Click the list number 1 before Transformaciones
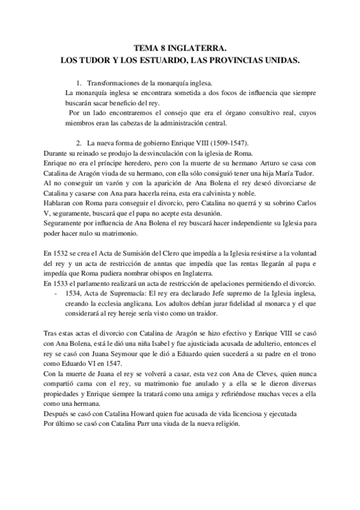pyautogui.click(x=79, y=82)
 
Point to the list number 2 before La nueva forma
pyautogui.click(x=79, y=143)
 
